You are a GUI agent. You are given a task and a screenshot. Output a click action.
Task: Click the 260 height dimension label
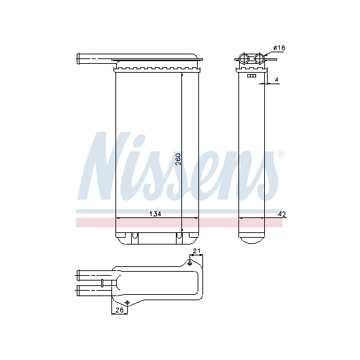point(178,159)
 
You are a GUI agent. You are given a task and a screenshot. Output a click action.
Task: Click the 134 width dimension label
point(156,214)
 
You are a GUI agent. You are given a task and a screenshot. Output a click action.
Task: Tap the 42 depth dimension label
point(282,214)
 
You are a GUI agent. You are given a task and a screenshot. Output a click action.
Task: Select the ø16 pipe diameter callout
point(279,48)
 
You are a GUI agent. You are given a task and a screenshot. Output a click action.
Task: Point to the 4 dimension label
point(276,79)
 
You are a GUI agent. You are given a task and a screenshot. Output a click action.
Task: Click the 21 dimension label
point(196,251)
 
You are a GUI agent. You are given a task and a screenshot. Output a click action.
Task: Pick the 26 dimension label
point(120,310)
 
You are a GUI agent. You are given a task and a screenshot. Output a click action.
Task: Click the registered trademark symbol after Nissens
point(281,154)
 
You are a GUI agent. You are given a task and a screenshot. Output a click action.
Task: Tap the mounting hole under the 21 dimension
point(190,263)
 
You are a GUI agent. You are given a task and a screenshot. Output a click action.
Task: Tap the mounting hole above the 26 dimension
point(127,302)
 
